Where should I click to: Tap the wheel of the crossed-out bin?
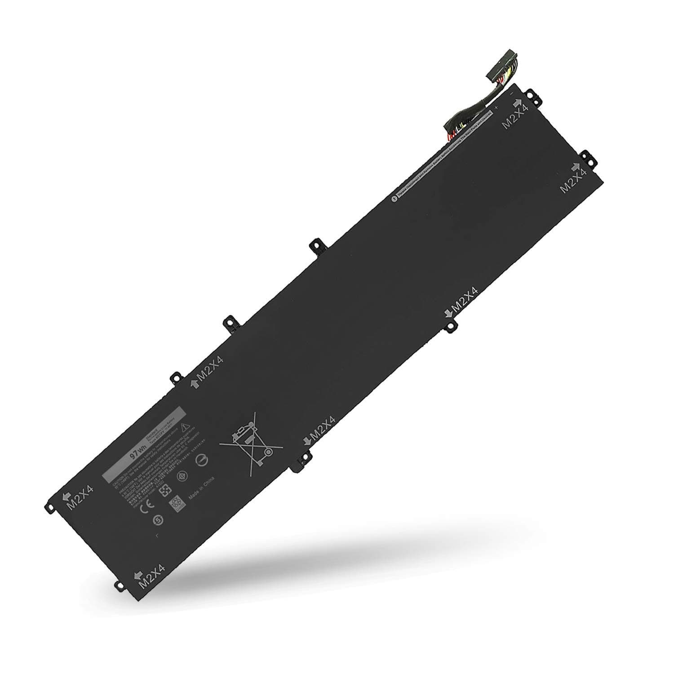(x=268, y=451)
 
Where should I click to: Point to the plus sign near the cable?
(x=497, y=108)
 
